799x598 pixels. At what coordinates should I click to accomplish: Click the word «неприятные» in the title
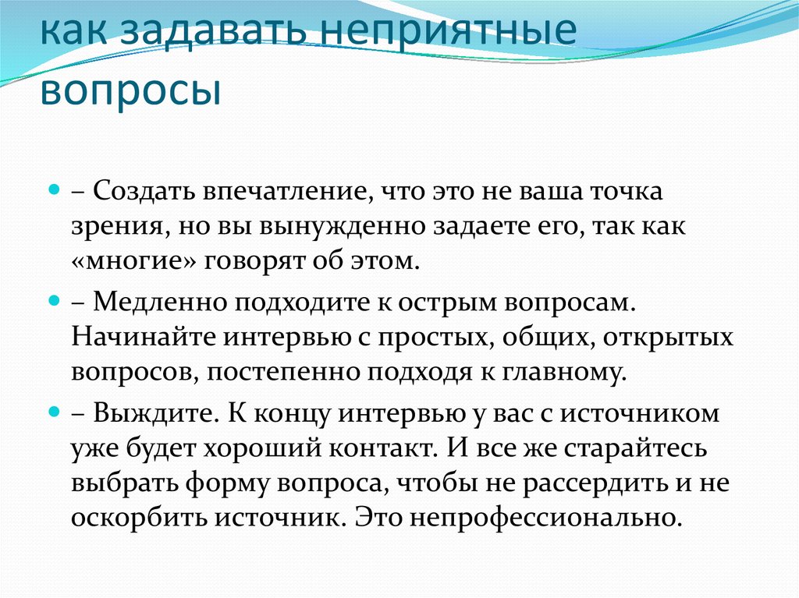[450, 30]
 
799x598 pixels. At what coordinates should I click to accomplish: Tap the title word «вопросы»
[131, 90]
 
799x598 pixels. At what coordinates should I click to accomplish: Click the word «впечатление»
[284, 192]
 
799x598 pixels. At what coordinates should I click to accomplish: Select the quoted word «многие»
[134, 261]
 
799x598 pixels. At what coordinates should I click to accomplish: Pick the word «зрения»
[120, 227]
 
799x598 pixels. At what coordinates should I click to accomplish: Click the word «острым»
[447, 303]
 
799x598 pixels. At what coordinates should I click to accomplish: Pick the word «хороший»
[262, 448]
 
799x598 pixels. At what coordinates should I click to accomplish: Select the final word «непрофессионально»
[546, 518]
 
